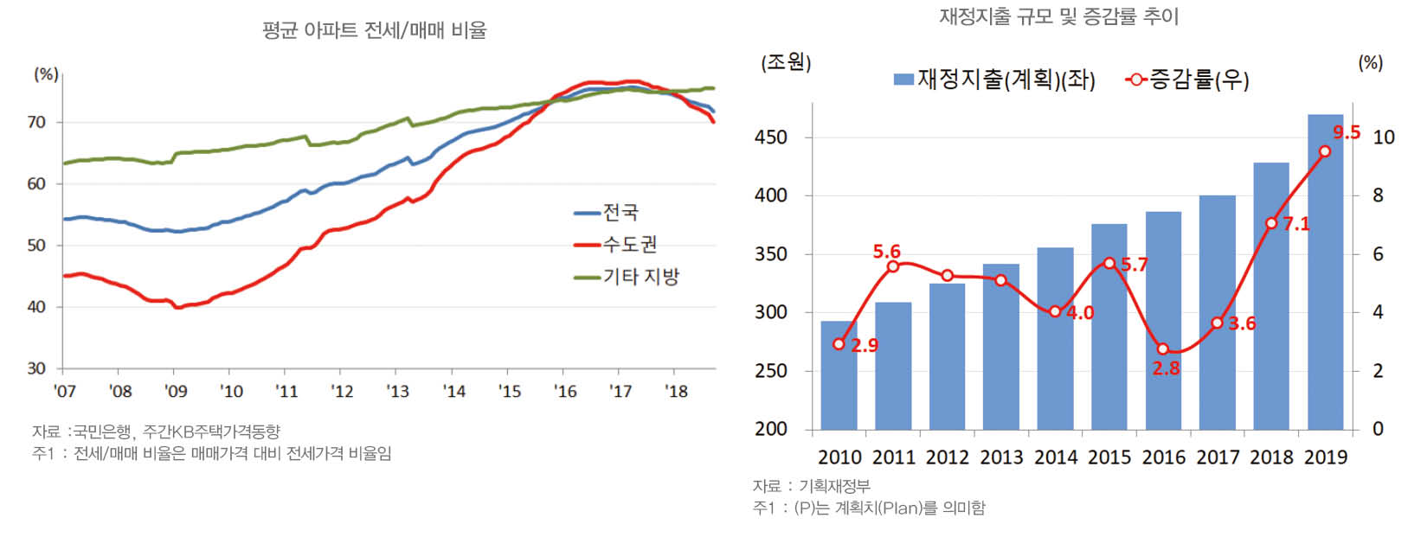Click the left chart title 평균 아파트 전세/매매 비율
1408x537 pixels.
point(374,31)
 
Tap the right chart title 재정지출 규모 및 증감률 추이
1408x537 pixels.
point(1058,16)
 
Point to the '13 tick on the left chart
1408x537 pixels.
point(397,392)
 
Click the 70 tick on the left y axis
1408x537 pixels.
point(36,123)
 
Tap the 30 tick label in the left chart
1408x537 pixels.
point(36,368)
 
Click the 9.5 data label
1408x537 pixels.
point(1346,132)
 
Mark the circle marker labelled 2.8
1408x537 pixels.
point(1163,349)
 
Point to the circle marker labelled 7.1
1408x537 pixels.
point(1271,223)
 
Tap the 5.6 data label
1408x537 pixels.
point(886,252)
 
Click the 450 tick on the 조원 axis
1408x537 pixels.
point(770,137)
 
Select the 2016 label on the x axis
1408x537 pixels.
point(1163,457)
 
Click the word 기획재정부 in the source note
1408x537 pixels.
point(834,486)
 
